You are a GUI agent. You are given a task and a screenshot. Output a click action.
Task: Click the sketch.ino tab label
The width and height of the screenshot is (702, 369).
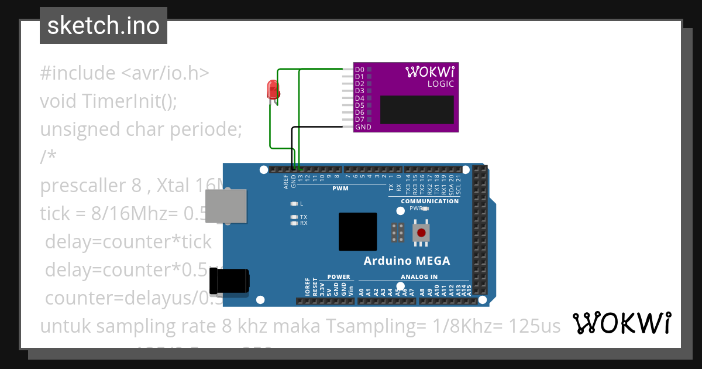coord(103,26)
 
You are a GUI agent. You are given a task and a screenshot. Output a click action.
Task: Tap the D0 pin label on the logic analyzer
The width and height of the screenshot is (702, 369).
coord(360,70)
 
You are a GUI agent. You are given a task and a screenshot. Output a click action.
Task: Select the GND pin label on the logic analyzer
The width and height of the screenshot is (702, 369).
coord(363,127)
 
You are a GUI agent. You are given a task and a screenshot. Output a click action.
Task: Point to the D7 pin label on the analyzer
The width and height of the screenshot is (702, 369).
coord(360,119)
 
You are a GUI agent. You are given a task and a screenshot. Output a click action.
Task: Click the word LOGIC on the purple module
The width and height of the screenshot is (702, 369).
coord(440,84)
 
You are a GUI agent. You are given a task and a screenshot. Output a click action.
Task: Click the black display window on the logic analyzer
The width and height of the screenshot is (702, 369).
coord(417,110)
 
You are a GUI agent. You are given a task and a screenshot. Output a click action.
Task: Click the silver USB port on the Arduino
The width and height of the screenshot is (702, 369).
coord(226,206)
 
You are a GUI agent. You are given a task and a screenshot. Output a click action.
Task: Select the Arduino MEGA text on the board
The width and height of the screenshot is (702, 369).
coord(407,261)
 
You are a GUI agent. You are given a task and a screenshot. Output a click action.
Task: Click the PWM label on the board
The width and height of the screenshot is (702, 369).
coord(340,189)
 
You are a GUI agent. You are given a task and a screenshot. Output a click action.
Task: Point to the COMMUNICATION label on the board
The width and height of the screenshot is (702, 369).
coord(429,201)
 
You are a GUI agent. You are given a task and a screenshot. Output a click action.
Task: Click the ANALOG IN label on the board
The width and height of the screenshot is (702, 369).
coord(419,277)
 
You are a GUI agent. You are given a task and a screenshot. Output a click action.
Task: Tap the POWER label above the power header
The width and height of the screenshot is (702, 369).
coord(339,277)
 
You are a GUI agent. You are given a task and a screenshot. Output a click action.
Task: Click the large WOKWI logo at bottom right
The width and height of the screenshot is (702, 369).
coord(621,323)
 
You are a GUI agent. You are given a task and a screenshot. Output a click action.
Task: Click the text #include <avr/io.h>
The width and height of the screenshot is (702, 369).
coord(124,73)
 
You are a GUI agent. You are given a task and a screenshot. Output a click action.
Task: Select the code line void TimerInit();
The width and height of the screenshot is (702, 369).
coord(108,101)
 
